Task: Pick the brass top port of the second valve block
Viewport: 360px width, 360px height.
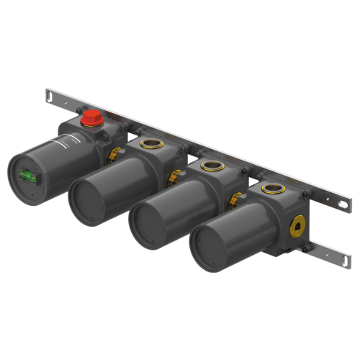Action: click(152, 143)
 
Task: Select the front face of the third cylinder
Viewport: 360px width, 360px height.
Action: click(147, 222)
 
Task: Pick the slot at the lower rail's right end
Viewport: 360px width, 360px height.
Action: click(340, 255)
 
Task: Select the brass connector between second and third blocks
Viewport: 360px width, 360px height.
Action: click(173, 175)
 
